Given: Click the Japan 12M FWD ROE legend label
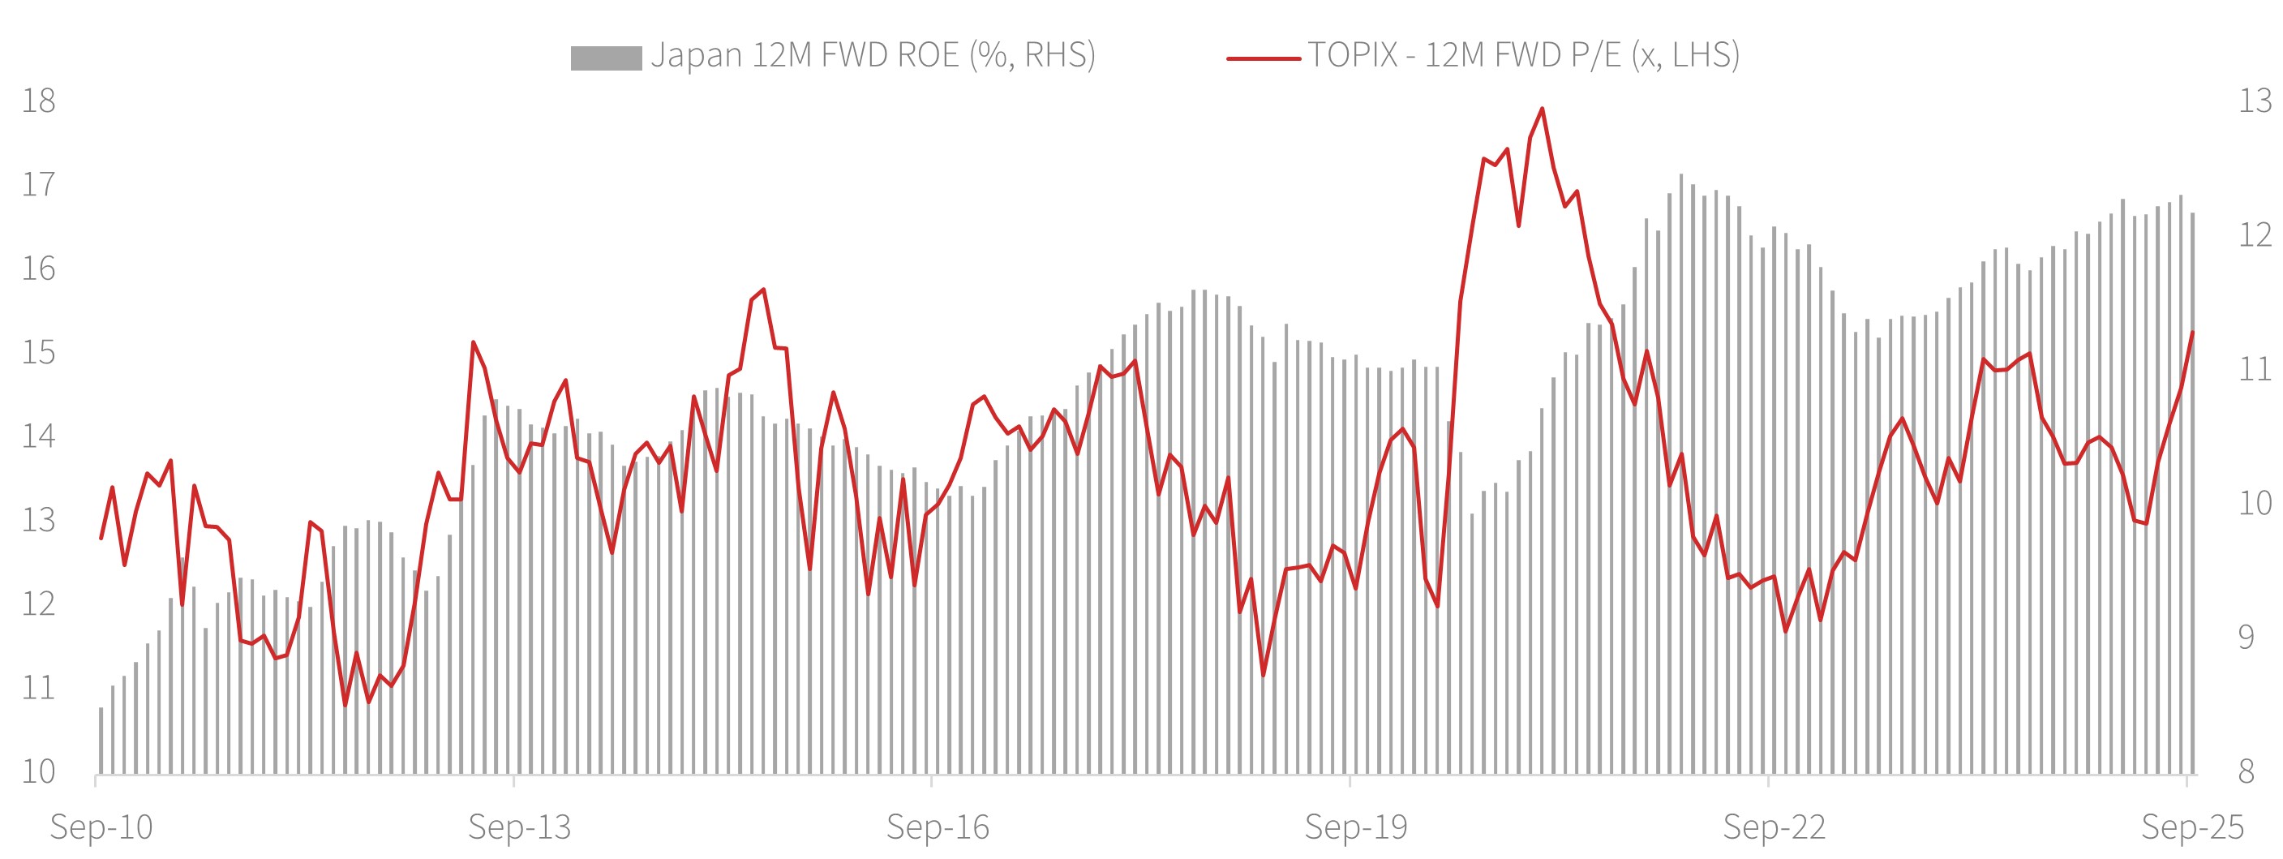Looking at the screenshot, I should [x=873, y=55].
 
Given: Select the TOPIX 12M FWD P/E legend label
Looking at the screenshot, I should [x=1523, y=55].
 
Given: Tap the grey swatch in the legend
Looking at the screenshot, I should [x=605, y=58].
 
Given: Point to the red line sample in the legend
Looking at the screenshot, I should [x=1263, y=58].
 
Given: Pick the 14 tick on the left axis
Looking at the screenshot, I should [x=38, y=436].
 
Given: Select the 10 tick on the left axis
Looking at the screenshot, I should [x=38, y=771].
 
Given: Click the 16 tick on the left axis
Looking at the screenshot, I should [x=38, y=268].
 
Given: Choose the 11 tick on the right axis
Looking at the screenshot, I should [x=2255, y=369].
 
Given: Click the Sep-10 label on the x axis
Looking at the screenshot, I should [x=101, y=827].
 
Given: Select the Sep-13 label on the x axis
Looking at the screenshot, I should [x=519, y=827].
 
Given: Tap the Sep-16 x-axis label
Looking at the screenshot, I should [x=938, y=827].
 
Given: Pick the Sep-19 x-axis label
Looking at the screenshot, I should [x=1356, y=827].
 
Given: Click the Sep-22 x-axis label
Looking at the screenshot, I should [x=1774, y=827].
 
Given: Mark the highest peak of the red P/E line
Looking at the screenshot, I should [x=1542, y=109].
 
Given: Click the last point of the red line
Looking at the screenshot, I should [x=2193, y=333].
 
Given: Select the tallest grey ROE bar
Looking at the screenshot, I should [x=1681, y=178].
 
